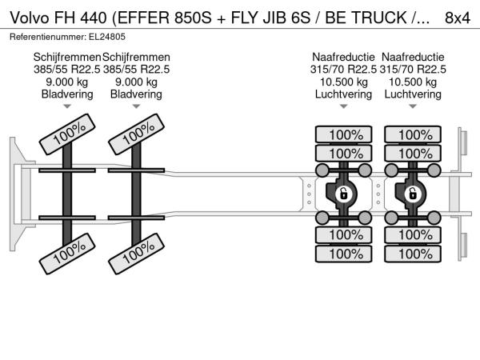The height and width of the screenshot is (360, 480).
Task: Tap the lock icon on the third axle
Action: (x=343, y=193)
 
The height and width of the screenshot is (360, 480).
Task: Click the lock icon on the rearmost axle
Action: (x=413, y=193)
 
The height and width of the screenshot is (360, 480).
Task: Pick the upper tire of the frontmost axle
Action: (x=68, y=137)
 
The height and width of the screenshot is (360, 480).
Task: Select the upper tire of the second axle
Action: (x=137, y=137)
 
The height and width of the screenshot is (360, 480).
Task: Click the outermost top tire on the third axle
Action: (x=346, y=134)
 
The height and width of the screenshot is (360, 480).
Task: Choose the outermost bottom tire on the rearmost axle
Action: (x=415, y=254)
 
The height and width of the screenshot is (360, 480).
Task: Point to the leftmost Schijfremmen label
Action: (x=67, y=58)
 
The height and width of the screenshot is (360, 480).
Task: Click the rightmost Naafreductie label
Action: (x=414, y=58)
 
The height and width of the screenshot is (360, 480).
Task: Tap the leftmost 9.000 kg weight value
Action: (x=67, y=82)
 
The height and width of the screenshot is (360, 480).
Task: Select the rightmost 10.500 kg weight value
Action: (x=414, y=82)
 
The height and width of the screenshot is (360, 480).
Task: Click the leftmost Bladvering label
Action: (x=67, y=94)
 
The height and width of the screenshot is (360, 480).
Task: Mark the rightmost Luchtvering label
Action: (x=414, y=94)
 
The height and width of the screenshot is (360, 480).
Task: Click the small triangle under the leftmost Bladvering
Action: (x=67, y=106)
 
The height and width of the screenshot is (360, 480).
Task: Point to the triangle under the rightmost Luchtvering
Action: (x=414, y=106)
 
